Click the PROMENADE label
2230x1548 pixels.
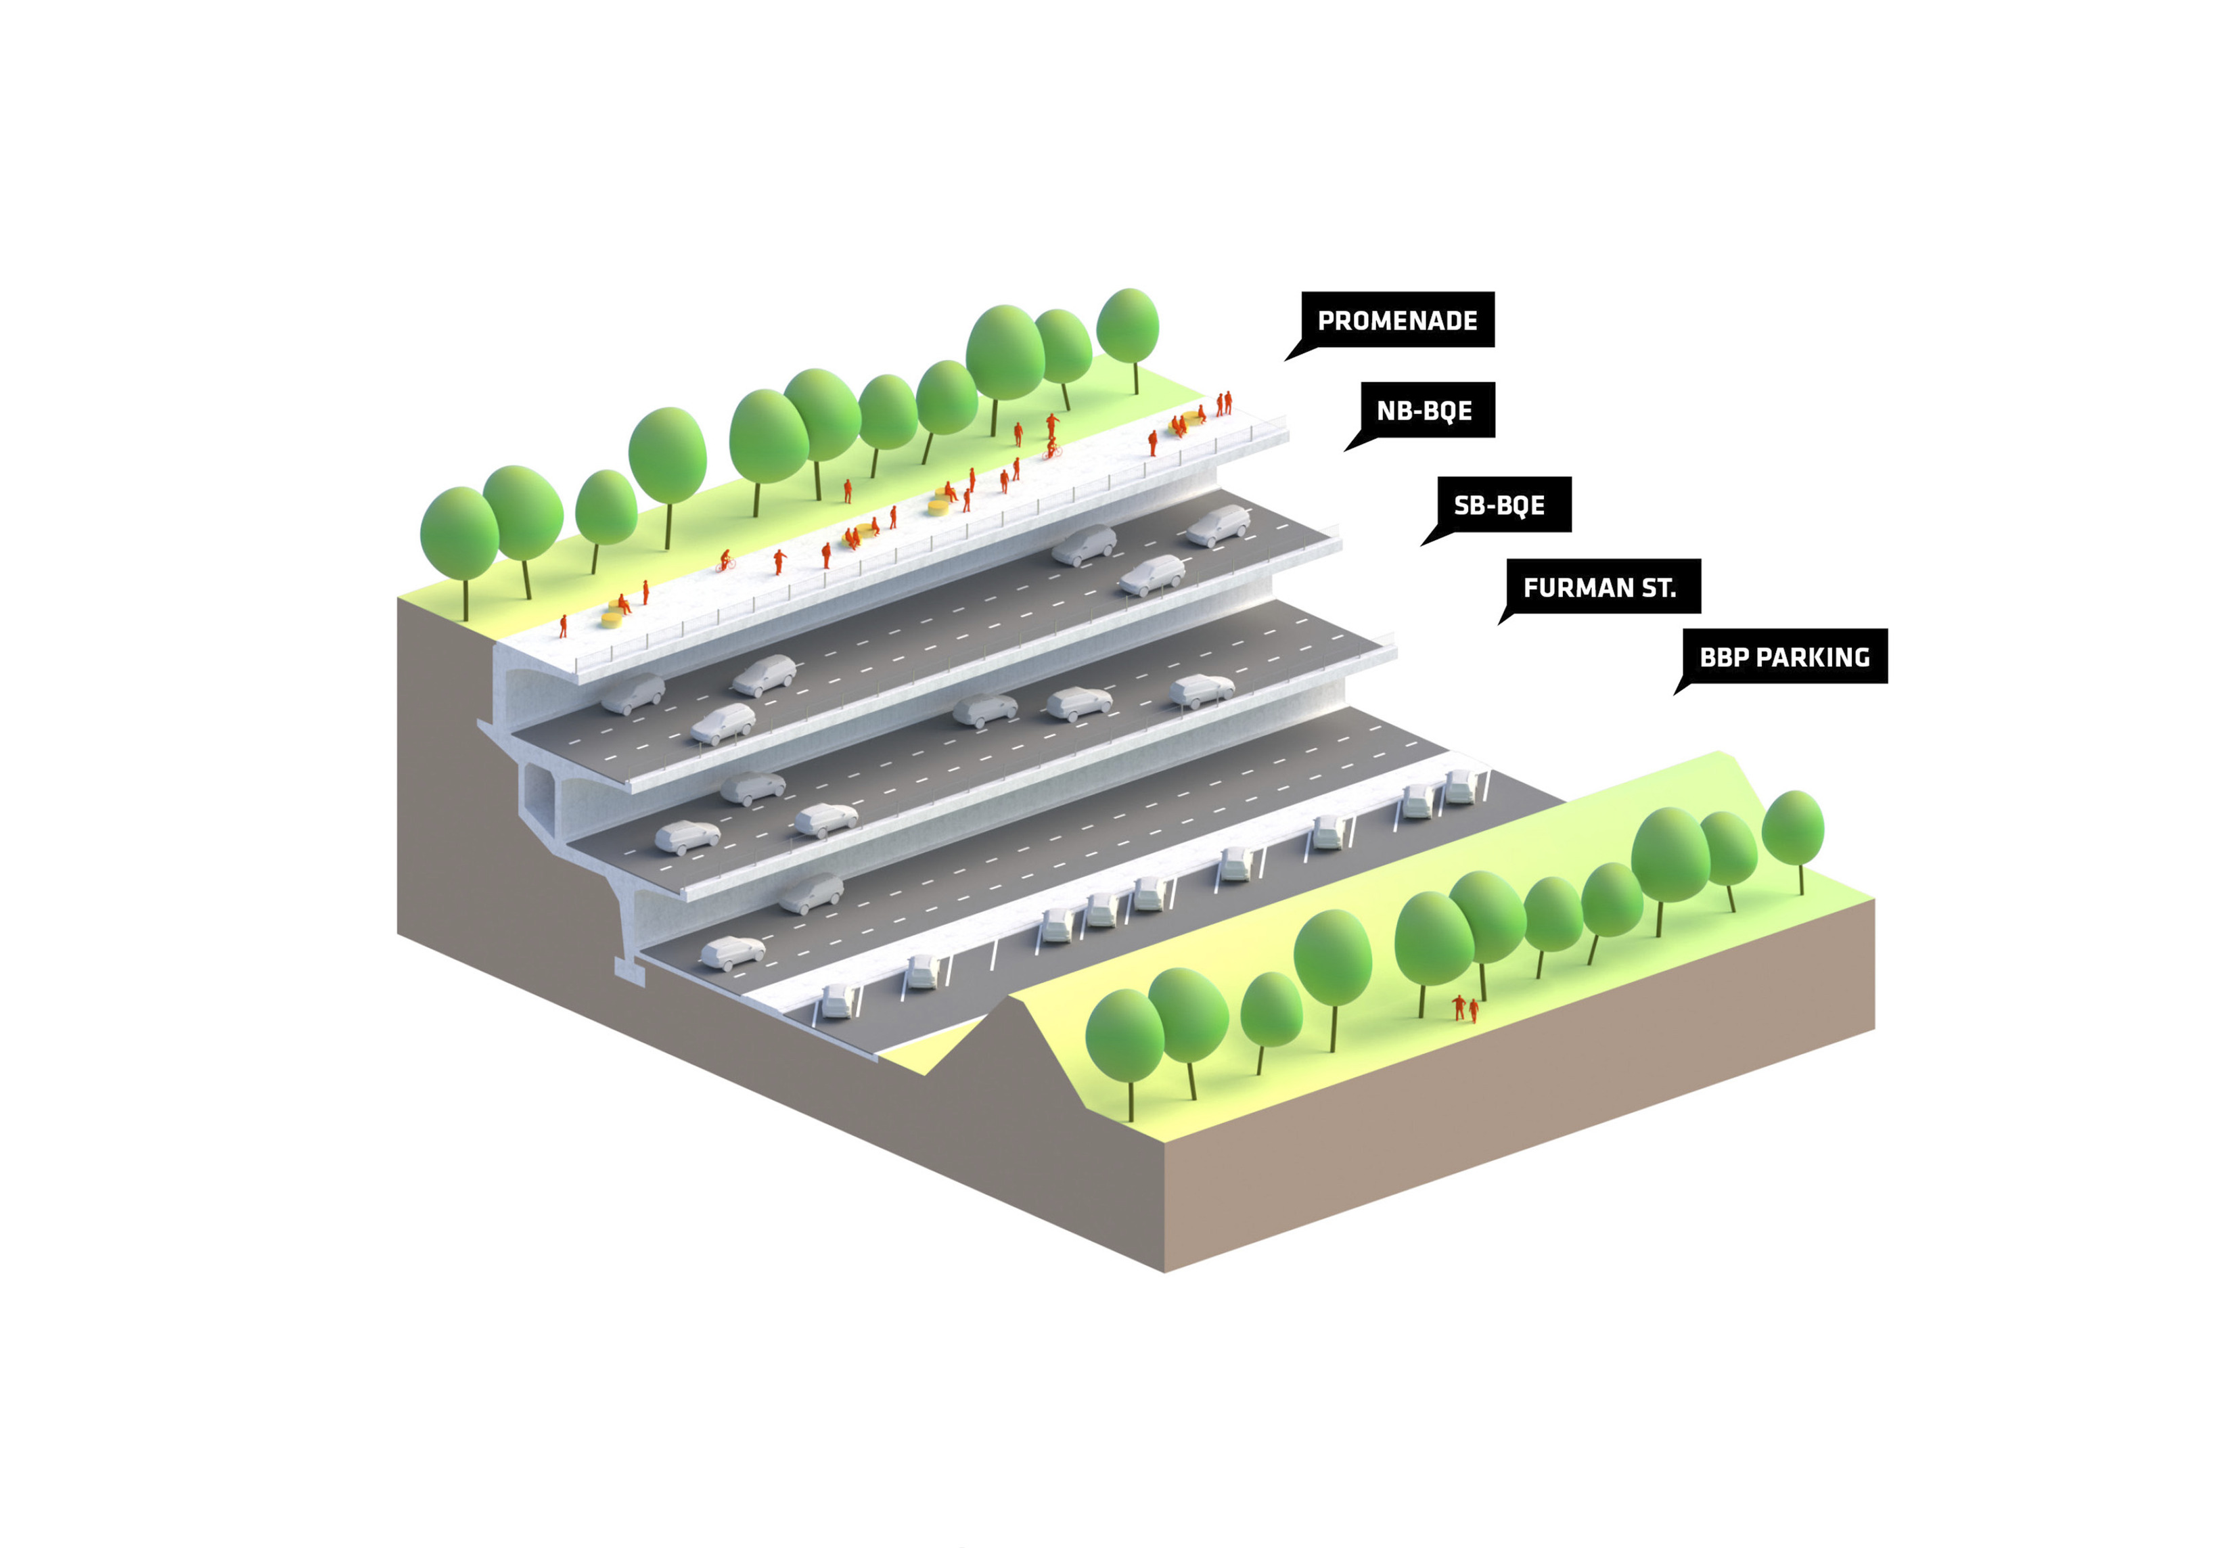[1396, 320]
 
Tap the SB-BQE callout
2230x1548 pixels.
[1498, 504]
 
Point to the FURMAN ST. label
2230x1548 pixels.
[1599, 587]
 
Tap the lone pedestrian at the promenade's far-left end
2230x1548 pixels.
[563, 626]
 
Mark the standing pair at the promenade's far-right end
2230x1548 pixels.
[1224, 403]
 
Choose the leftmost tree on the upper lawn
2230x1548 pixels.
[460, 539]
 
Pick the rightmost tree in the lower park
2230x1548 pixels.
[1792, 829]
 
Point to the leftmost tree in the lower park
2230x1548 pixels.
[1124, 1038]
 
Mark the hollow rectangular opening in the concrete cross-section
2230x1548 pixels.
[539, 790]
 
